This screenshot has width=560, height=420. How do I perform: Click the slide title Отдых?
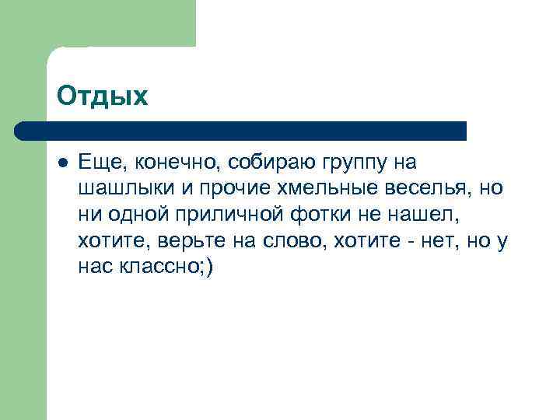101,96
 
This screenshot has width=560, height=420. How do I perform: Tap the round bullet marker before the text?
62,163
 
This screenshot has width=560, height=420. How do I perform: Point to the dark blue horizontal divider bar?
241,131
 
